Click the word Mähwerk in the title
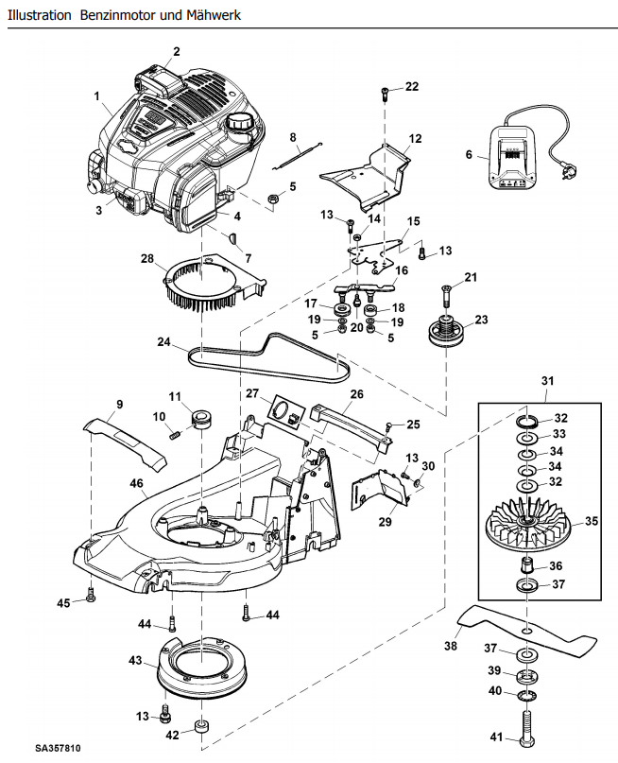[214, 15]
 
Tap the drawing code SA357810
[58, 748]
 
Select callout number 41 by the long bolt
[496, 737]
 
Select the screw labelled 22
[385, 93]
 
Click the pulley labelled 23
[446, 332]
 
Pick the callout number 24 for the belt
[163, 342]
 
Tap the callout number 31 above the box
[547, 380]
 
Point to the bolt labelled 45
[90, 595]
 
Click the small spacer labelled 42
[202, 727]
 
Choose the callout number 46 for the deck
[137, 483]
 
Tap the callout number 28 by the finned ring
[147, 258]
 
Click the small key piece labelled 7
[232, 238]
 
